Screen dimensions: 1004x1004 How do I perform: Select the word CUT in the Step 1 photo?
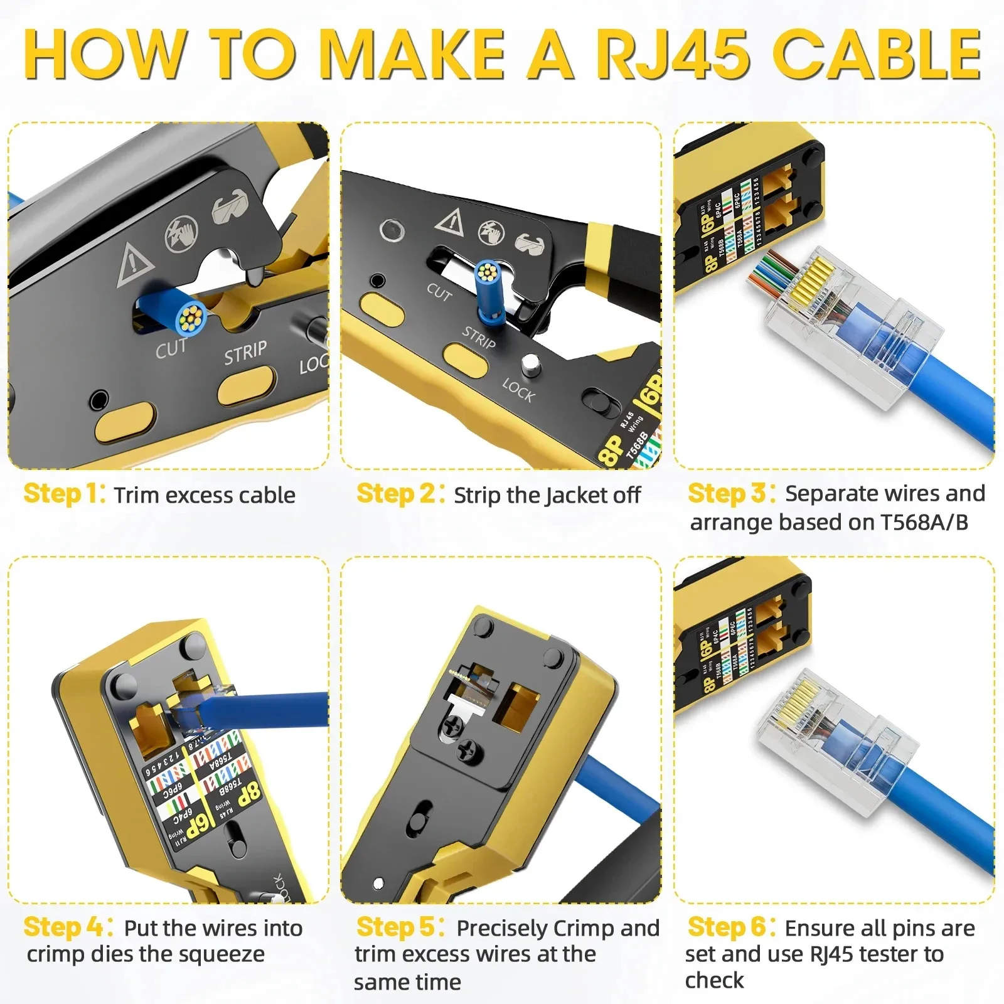[171, 349]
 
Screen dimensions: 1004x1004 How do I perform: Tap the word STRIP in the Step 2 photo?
[479, 338]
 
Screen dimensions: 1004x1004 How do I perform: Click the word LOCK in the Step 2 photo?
[518, 390]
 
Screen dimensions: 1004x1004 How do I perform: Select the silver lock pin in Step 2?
[531, 364]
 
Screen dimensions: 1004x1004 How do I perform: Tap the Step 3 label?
[731, 494]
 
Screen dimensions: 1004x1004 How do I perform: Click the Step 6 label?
[731, 927]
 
